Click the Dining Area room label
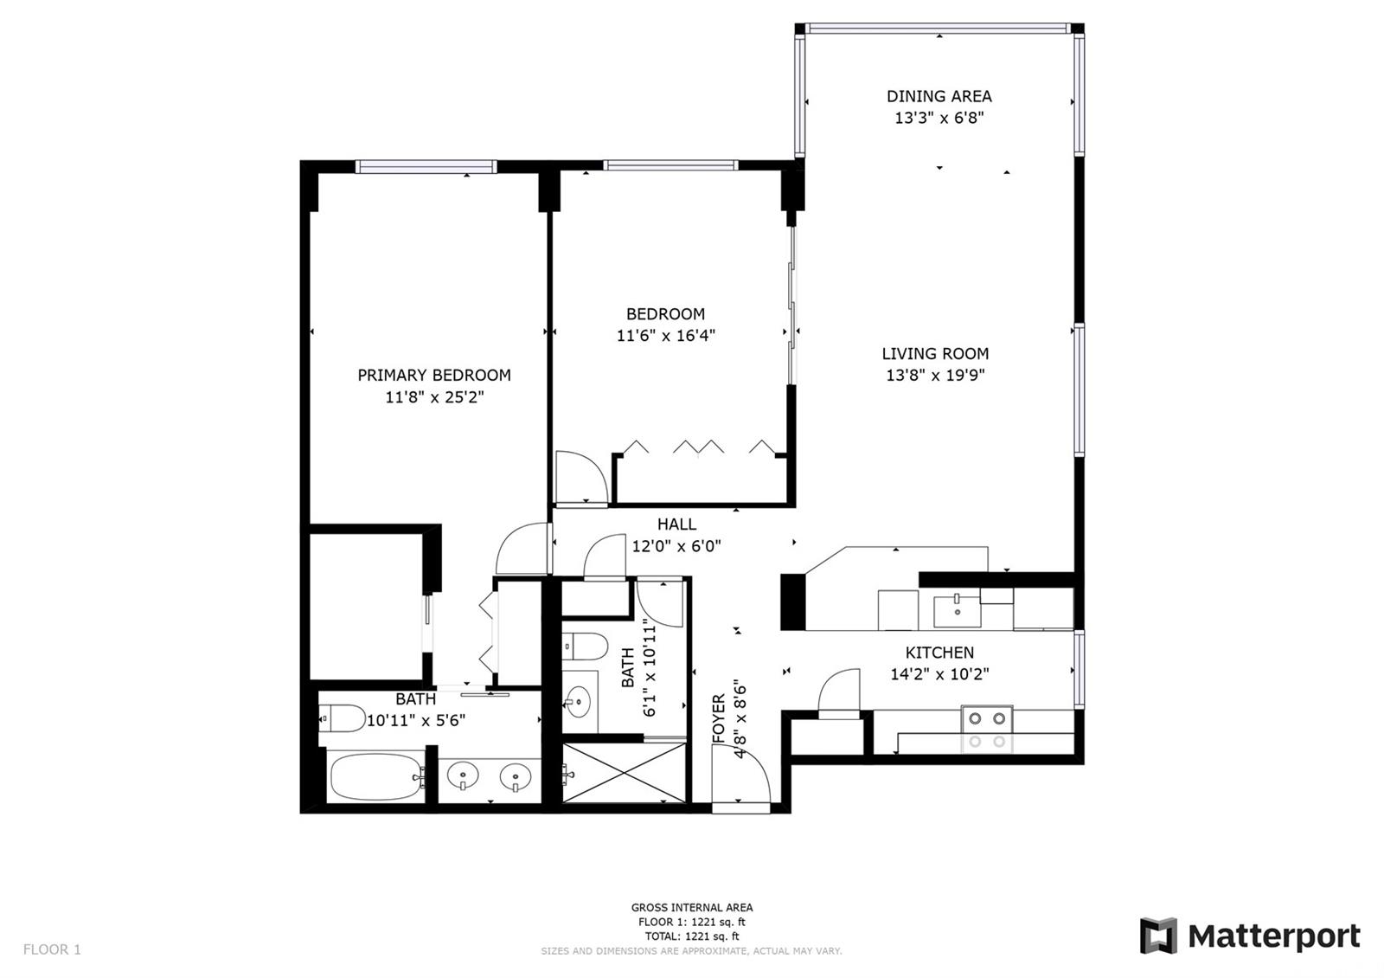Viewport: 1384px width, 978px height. click(939, 96)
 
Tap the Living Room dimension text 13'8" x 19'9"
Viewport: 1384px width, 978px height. click(935, 376)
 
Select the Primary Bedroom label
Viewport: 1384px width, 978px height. click(434, 376)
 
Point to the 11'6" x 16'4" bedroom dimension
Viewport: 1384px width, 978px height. click(665, 335)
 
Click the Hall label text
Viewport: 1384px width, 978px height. click(676, 524)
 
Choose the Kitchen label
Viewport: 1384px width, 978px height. click(939, 653)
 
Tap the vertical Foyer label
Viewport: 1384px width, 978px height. click(719, 718)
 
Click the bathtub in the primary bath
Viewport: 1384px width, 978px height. click(376, 776)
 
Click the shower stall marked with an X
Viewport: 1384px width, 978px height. click(624, 773)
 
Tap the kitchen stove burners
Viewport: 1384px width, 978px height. click(987, 718)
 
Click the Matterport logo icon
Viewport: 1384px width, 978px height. click(1158, 936)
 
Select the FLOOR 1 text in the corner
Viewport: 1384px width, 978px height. click(52, 949)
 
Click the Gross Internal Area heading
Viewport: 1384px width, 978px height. click(692, 908)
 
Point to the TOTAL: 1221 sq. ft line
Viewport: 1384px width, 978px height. click(692, 936)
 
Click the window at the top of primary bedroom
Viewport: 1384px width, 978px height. click(426, 166)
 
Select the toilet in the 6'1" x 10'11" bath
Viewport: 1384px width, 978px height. click(585, 647)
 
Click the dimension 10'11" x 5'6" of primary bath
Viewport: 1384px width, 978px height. click(416, 721)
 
